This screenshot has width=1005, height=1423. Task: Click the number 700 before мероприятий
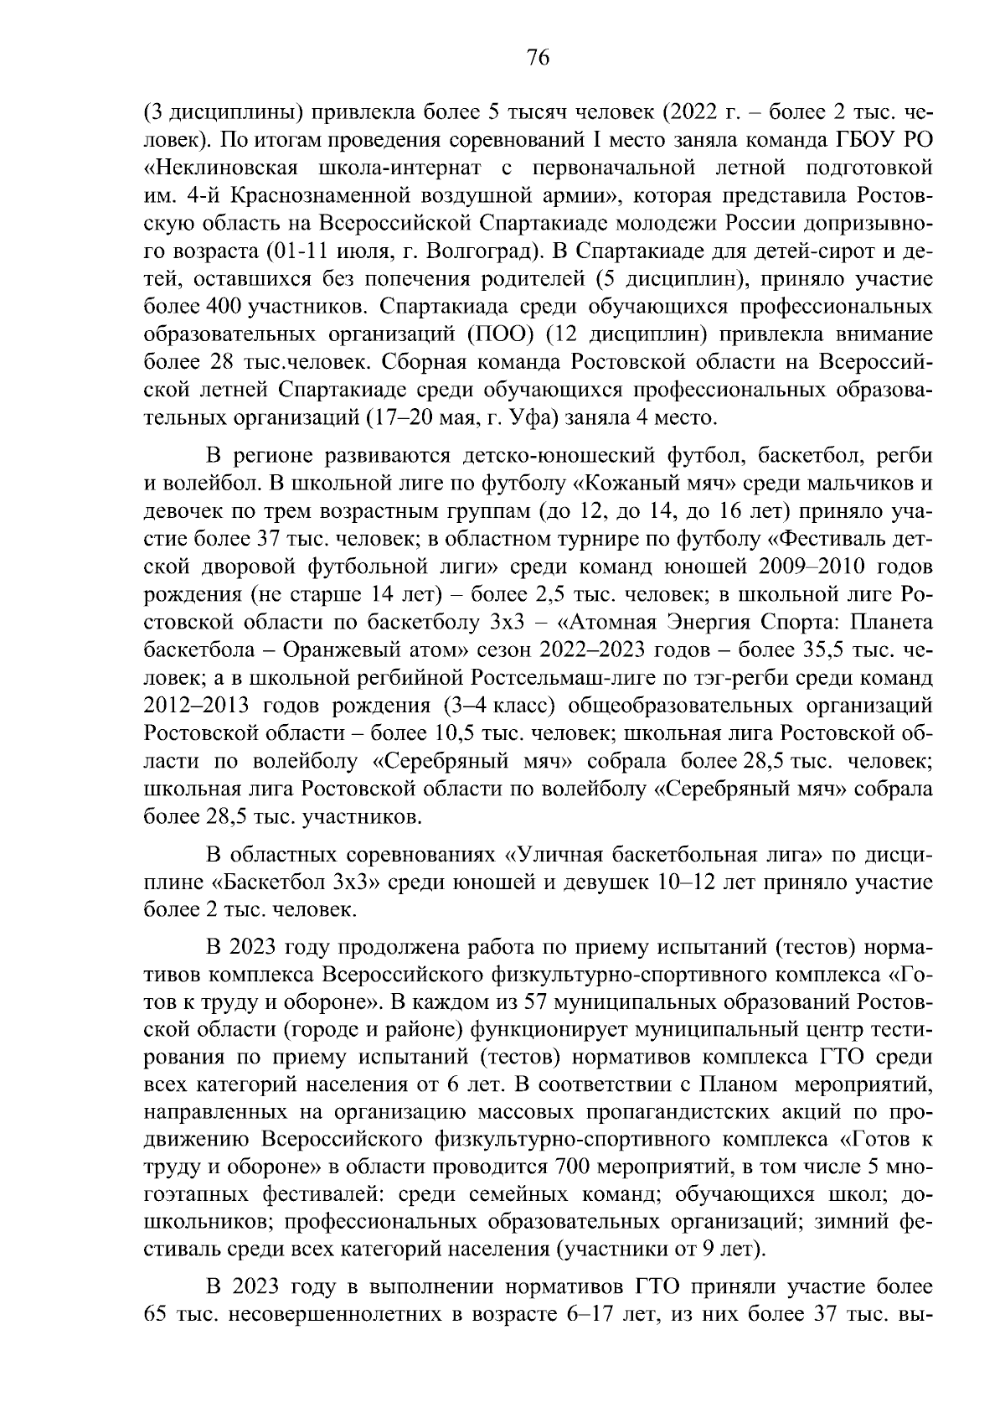[x=572, y=1167]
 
